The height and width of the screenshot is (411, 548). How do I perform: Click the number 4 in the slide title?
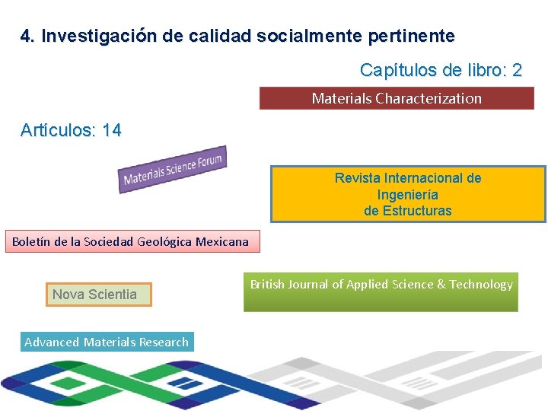coord(26,36)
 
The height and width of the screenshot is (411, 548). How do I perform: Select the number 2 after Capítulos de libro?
coord(517,71)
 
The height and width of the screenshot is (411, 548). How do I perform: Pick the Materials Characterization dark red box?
coord(397,98)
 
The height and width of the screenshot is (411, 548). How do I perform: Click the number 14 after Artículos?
coord(111,130)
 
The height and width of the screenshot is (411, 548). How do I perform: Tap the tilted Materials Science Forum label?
coord(173,169)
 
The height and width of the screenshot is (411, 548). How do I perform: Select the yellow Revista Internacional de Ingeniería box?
coord(408,194)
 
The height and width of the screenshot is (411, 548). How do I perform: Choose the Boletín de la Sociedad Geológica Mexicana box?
coord(130,242)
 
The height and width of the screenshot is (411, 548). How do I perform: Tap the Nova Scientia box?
coord(95,295)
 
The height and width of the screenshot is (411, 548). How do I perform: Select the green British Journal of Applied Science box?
coord(381,293)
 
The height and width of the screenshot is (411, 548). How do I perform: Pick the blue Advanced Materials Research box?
coord(107,342)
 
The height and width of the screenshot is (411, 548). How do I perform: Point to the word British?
coord(267,284)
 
